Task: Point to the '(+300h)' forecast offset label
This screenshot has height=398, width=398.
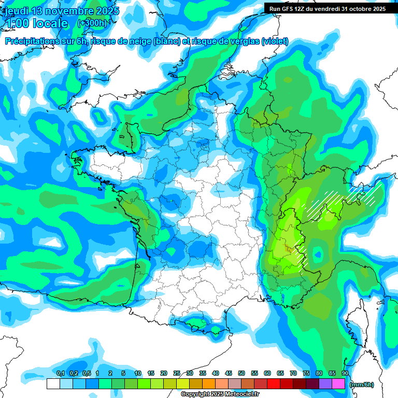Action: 92,23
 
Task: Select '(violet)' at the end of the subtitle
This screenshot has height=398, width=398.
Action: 274,41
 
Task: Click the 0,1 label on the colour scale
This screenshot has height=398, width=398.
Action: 60,373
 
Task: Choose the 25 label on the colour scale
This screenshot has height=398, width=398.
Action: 177,373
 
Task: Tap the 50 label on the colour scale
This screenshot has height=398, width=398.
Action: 241,373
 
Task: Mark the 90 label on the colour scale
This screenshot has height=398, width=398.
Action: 345,373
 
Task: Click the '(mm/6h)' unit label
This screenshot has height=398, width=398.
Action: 361,385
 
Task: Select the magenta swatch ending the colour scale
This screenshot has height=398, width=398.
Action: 338,384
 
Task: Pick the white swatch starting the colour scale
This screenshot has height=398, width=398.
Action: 53,384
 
